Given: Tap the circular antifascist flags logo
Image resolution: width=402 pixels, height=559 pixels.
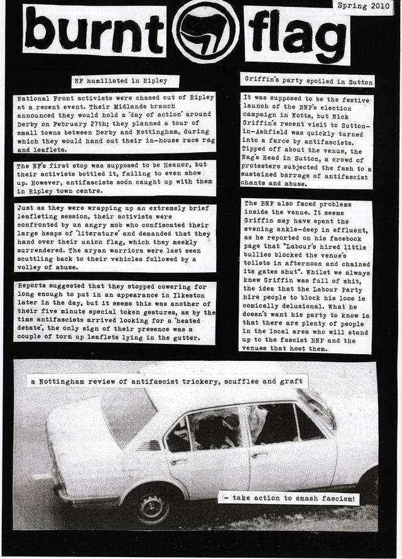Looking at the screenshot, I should pos(205,31).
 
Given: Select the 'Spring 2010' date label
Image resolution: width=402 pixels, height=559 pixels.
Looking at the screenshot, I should pos(363,6).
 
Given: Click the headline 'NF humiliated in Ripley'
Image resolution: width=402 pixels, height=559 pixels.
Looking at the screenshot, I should pos(125,82).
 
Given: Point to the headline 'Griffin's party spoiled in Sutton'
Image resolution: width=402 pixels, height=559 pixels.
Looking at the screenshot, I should pos(307,81).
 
